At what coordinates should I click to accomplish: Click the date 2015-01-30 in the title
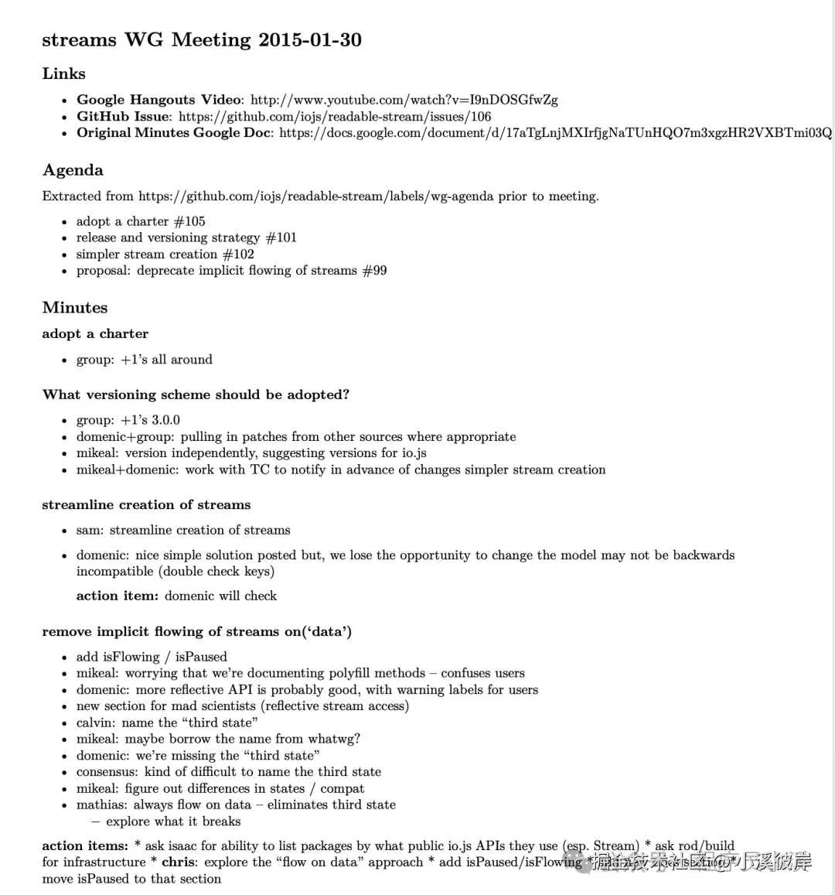point(310,39)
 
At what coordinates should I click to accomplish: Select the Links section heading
point(63,73)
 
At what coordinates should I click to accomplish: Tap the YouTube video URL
point(404,100)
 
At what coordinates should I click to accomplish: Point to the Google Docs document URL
point(555,133)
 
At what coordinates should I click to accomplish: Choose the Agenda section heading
point(73,170)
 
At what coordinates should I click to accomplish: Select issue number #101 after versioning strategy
point(281,237)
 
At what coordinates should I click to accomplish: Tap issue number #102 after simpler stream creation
point(238,254)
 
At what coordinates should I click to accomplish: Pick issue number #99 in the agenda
point(374,271)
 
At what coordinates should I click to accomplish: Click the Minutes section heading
point(75,307)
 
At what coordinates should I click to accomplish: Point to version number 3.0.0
point(165,420)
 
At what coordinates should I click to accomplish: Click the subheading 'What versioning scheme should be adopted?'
point(196,395)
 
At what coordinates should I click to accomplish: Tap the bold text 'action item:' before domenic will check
point(118,596)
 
